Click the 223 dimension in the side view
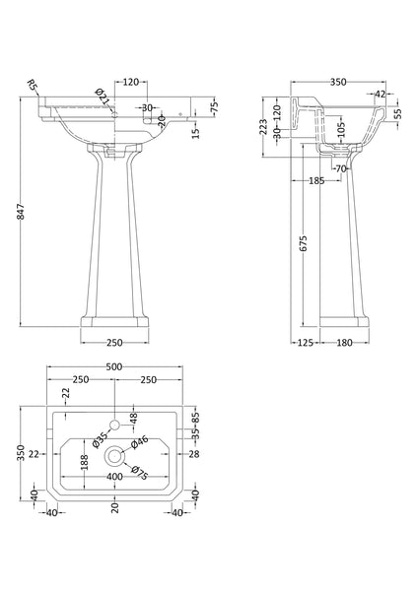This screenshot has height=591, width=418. coord(263,127)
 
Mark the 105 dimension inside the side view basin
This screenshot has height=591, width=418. coord(338,129)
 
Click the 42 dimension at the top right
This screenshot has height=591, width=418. coord(380,96)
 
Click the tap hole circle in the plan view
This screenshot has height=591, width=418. coord(116,424)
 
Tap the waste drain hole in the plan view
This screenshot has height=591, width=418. coord(116,455)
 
